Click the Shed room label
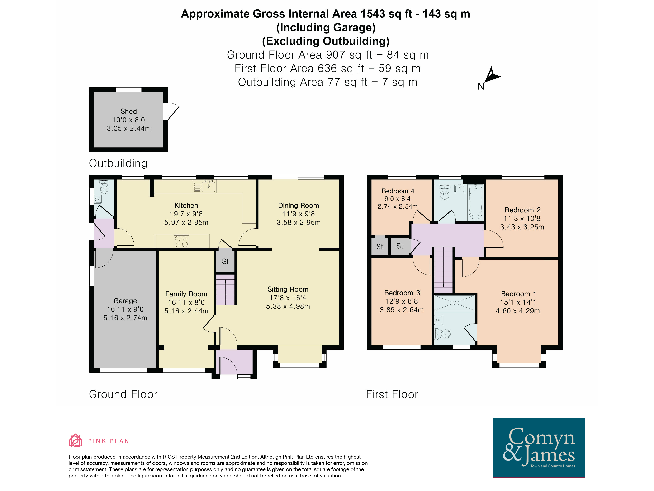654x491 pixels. tap(129, 112)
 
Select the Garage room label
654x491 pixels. tap(125, 301)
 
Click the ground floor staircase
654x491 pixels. tap(225, 290)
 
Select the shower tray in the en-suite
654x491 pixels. tap(454, 303)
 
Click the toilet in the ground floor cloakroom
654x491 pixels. tap(104, 187)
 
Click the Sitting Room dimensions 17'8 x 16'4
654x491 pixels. tap(288, 298)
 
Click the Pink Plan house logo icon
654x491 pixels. tap(75, 440)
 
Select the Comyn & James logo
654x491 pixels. tap(539, 448)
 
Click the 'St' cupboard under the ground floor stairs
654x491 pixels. tap(225, 261)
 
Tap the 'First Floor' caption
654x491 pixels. tap(392, 394)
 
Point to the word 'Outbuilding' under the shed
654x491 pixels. tap(118, 163)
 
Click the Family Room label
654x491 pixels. tap(186, 294)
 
